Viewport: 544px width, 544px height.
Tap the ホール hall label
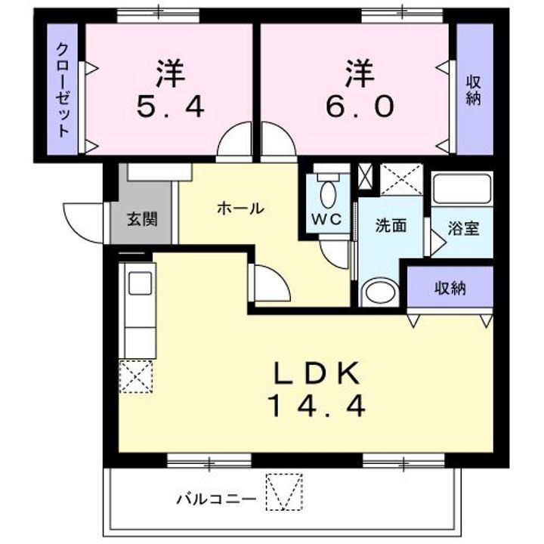coord(240,208)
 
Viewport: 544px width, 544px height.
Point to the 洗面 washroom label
coord(391,224)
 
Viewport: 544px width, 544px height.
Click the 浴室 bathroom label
coord(462,228)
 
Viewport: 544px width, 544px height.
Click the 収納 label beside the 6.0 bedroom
coord(474,90)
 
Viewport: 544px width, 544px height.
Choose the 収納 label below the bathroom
coord(450,287)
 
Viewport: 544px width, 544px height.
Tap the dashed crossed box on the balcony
coord(284,491)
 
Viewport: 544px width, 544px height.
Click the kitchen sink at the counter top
coord(140,283)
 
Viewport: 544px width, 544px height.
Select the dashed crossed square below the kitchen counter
coord(137,376)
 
